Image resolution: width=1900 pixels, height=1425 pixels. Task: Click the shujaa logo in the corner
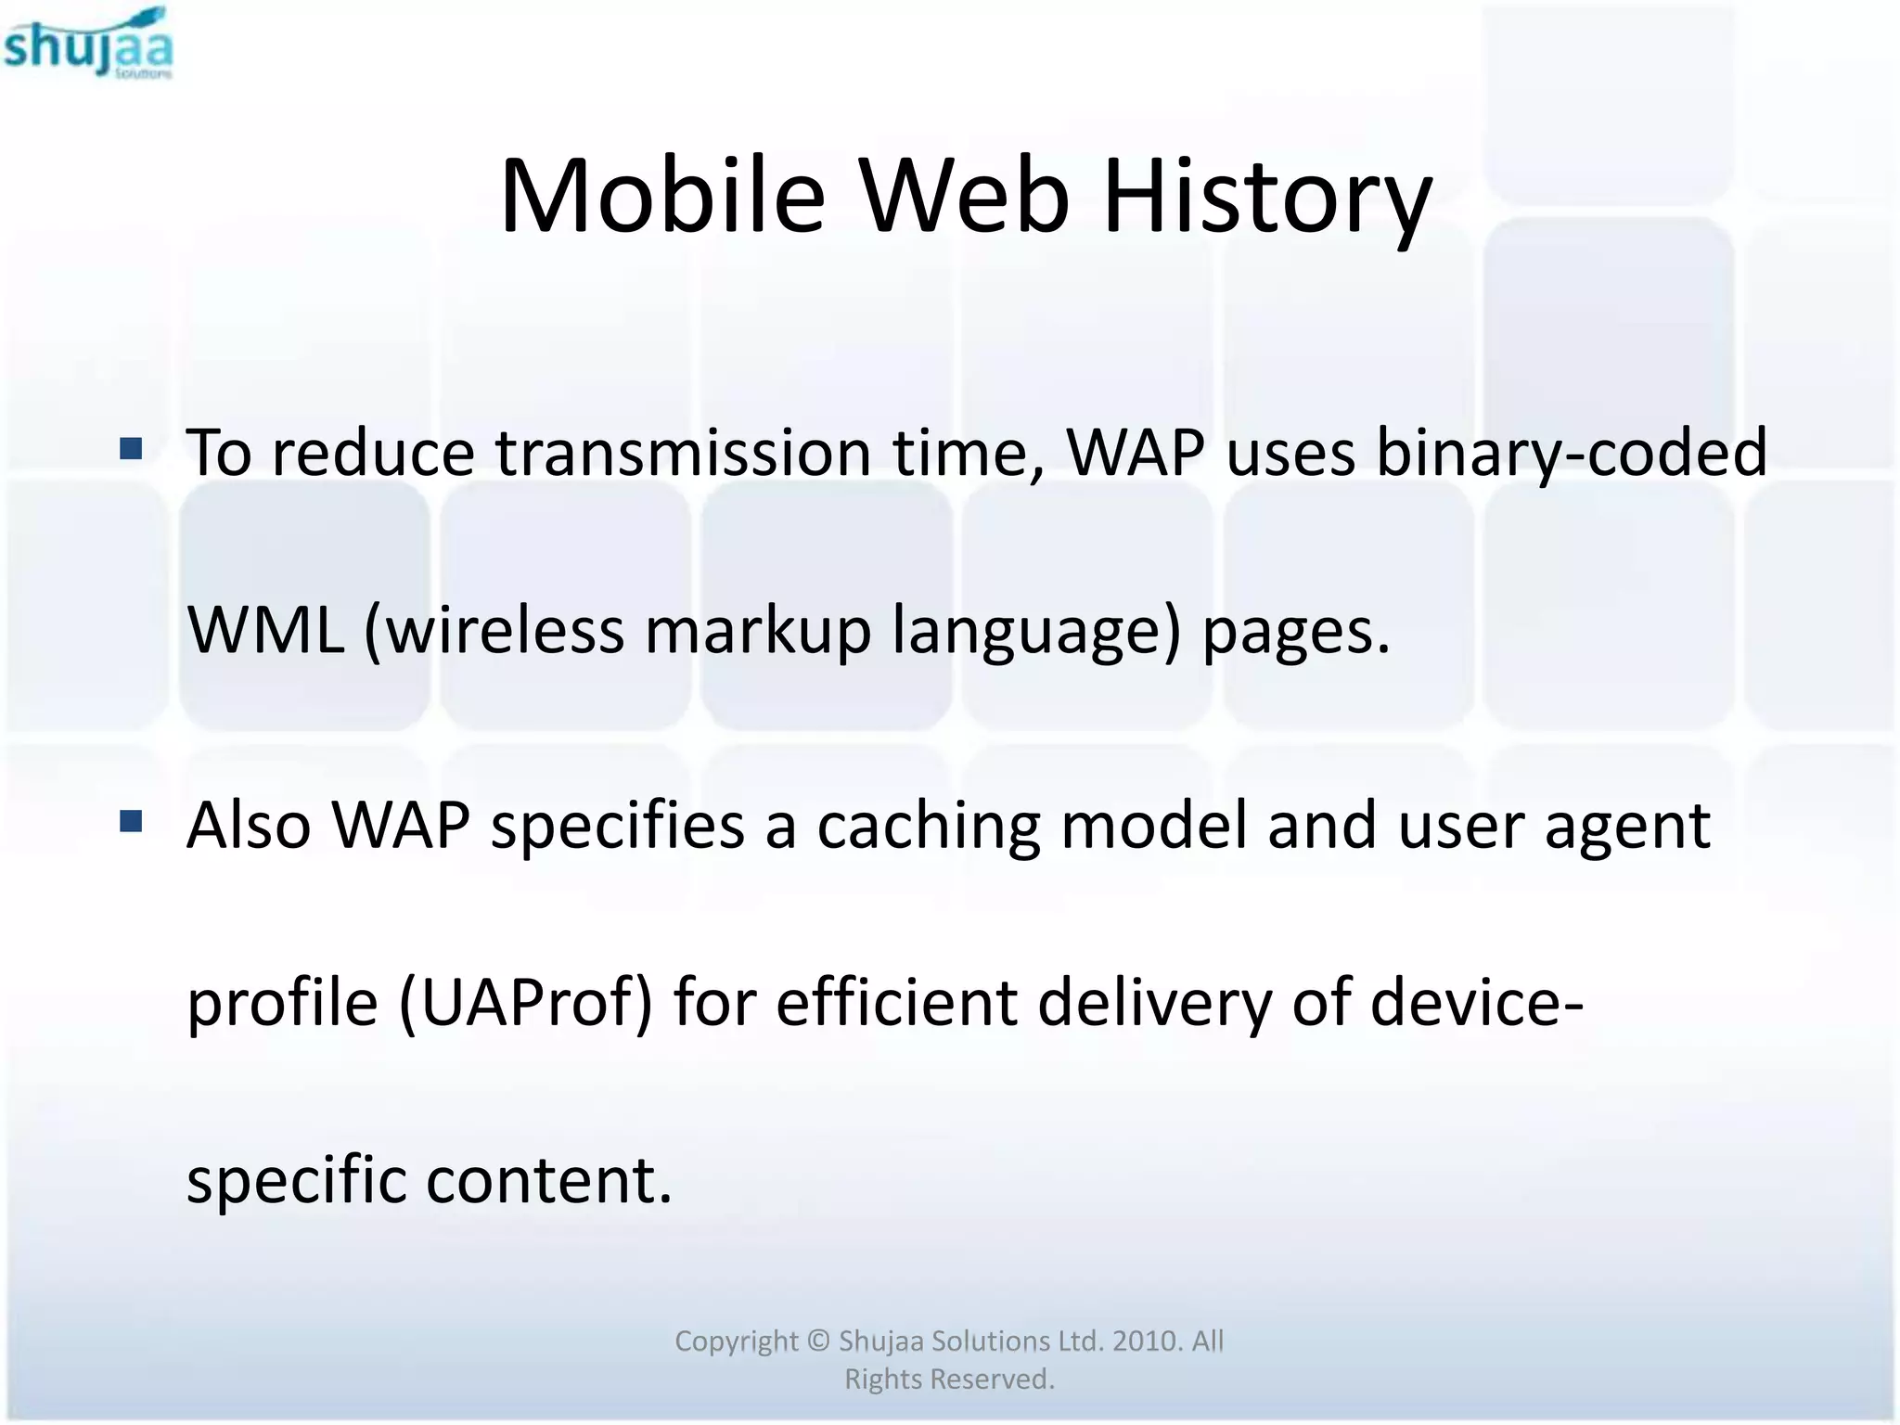pos(88,44)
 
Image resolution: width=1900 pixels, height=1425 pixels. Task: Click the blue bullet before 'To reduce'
pos(131,450)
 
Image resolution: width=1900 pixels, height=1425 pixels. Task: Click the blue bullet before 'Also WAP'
pos(131,821)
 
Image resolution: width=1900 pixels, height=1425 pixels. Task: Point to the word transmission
pos(683,454)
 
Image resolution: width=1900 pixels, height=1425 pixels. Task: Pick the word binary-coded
pos(1572,454)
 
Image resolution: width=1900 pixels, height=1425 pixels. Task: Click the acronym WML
pos(265,631)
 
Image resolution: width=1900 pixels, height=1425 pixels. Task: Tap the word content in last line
pos(548,1180)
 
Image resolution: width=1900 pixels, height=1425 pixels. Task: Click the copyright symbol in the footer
pos(817,1342)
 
